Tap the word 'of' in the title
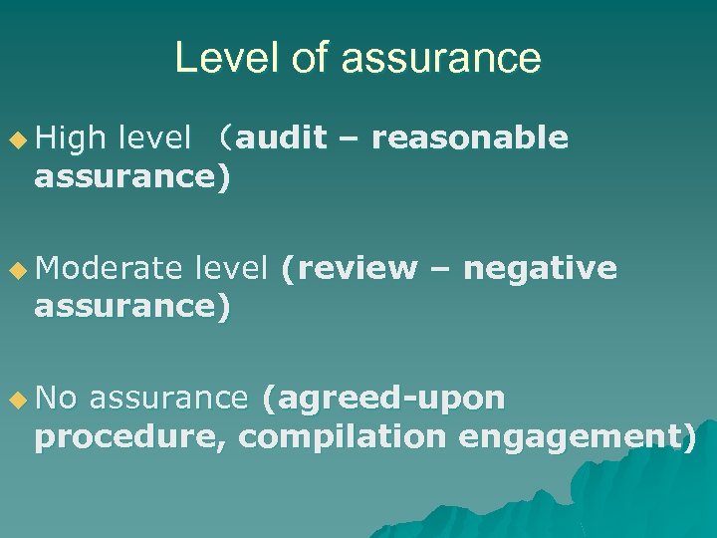pyautogui.click(x=311, y=58)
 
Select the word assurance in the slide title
pyautogui.click(x=441, y=58)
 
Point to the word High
pyautogui.click(x=70, y=138)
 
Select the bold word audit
pyautogui.click(x=282, y=138)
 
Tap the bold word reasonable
pyautogui.click(x=469, y=138)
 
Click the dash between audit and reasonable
pyautogui.click(x=349, y=138)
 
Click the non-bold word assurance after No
pyautogui.click(x=167, y=399)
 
